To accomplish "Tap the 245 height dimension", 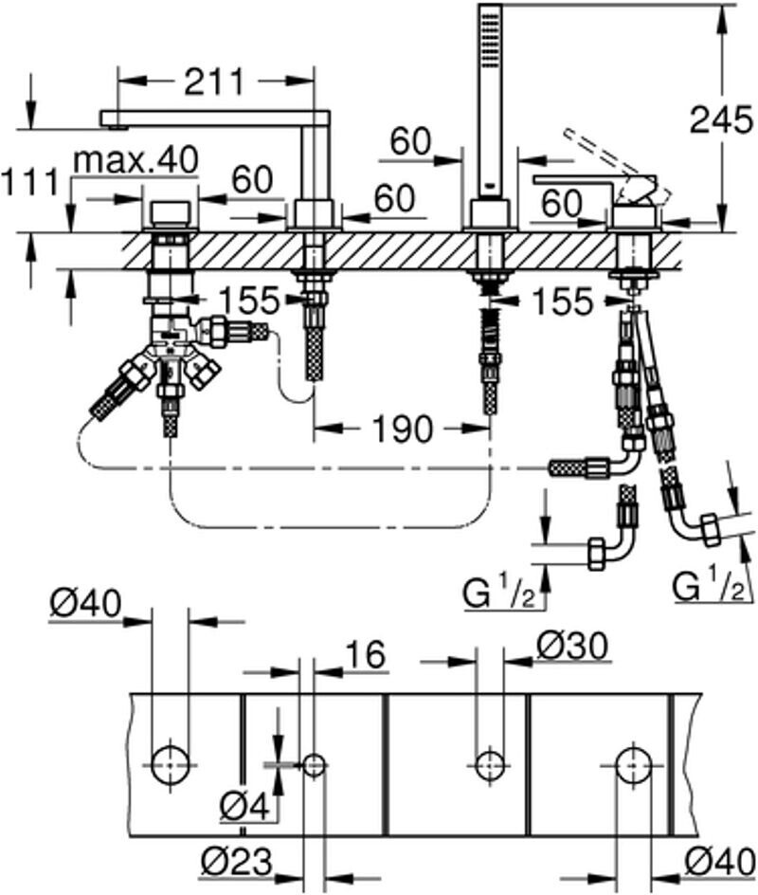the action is [x=721, y=119].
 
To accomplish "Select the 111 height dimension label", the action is [x=30, y=182].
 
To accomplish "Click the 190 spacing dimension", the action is [x=402, y=429].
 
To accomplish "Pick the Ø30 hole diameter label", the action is [x=572, y=647].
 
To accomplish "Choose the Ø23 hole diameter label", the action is [x=236, y=862].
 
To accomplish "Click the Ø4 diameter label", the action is [x=244, y=807].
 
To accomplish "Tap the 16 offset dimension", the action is [x=365, y=654].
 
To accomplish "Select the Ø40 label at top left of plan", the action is [x=85, y=603].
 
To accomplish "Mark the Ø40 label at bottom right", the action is [x=720, y=862].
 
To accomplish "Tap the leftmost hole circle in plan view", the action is [x=171, y=764].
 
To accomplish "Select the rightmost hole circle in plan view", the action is [x=634, y=764].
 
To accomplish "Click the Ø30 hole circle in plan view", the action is [x=490, y=764].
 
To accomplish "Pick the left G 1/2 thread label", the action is [x=498, y=594].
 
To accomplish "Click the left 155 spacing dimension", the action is [x=249, y=300].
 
